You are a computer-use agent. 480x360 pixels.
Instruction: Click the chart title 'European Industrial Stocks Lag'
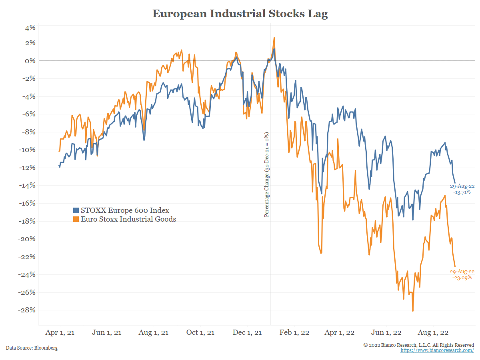click(x=240, y=14)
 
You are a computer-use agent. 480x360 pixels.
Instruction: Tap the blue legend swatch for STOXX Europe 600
click(x=76, y=210)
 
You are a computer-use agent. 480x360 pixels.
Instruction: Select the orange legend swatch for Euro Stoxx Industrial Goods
click(x=76, y=219)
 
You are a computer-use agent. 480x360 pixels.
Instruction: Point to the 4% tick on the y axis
click(x=30, y=28)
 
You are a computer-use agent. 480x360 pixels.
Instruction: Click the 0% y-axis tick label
click(x=30, y=61)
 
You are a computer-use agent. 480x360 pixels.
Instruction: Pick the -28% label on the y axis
click(x=28, y=310)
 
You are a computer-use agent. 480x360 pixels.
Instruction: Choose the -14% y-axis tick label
click(x=28, y=185)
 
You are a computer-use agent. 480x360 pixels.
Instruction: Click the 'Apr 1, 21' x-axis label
click(x=60, y=333)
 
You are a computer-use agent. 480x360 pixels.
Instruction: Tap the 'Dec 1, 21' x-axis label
click(x=247, y=333)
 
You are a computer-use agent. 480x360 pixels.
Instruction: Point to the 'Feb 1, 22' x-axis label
click(x=295, y=333)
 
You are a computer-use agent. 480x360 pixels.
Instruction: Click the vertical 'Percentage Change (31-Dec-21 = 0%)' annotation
click(x=267, y=175)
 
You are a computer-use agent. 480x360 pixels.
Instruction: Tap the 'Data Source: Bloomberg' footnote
click(x=32, y=348)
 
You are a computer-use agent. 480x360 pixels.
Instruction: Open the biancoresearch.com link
click(x=437, y=350)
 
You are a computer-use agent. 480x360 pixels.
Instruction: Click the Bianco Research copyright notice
click(x=418, y=345)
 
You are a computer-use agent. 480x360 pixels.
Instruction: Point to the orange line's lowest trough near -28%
click(x=413, y=311)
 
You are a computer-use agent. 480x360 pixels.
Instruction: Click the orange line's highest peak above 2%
click(x=274, y=38)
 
